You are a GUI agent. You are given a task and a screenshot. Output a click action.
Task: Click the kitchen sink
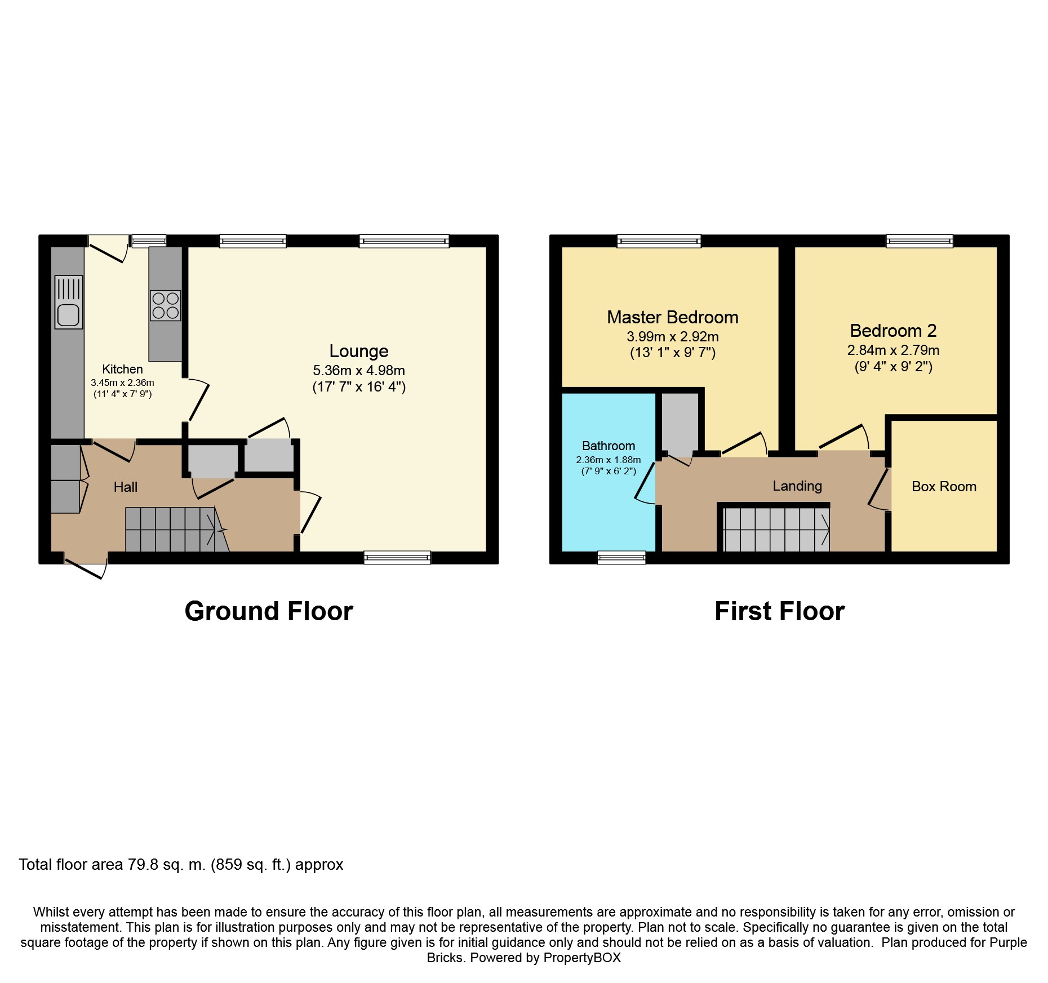(x=69, y=302)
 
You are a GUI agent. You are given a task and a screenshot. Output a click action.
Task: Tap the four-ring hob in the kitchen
(x=166, y=305)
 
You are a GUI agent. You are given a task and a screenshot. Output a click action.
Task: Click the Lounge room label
(x=359, y=351)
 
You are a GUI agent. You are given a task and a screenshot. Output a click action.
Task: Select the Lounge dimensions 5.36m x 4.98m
(x=359, y=370)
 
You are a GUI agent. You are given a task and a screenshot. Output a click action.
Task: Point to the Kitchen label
(x=122, y=369)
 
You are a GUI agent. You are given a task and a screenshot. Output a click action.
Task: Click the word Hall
(x=126, y=487)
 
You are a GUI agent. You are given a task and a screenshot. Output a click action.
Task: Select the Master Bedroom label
(x=673, y=317)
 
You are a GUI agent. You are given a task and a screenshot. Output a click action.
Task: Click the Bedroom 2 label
(x=894, y=331)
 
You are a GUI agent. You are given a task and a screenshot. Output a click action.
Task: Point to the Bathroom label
(x=609, y=446)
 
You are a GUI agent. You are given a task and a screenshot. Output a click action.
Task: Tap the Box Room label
(x=944, y=487)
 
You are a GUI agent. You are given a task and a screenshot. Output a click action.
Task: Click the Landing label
(x=797, y=486)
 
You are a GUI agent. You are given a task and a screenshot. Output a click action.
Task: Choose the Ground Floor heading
(x=269, y=611)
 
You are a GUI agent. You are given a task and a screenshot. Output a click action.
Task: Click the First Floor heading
(x=780, y=611)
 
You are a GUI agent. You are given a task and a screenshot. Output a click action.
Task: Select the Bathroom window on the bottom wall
(x=621, y=557)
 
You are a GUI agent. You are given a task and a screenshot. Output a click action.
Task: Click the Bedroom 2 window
(x=920, y=241)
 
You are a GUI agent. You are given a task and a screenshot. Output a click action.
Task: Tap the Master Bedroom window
(x=659, y=241)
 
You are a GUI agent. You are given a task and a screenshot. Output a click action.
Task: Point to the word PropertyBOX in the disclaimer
(x=582, y=958)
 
